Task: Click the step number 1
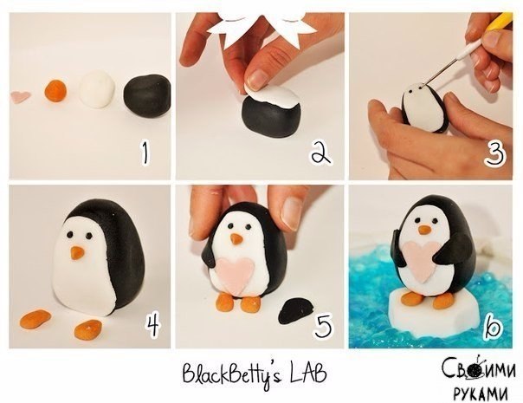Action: [145, 153]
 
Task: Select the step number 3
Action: [495, 153]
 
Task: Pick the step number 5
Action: [323, 325]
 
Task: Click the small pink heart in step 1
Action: [21, 96]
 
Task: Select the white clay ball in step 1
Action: [97, 89]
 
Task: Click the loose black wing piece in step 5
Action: [295, 311]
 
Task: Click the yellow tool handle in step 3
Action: [500, 22]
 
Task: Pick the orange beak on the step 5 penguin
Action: [236, 238]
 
